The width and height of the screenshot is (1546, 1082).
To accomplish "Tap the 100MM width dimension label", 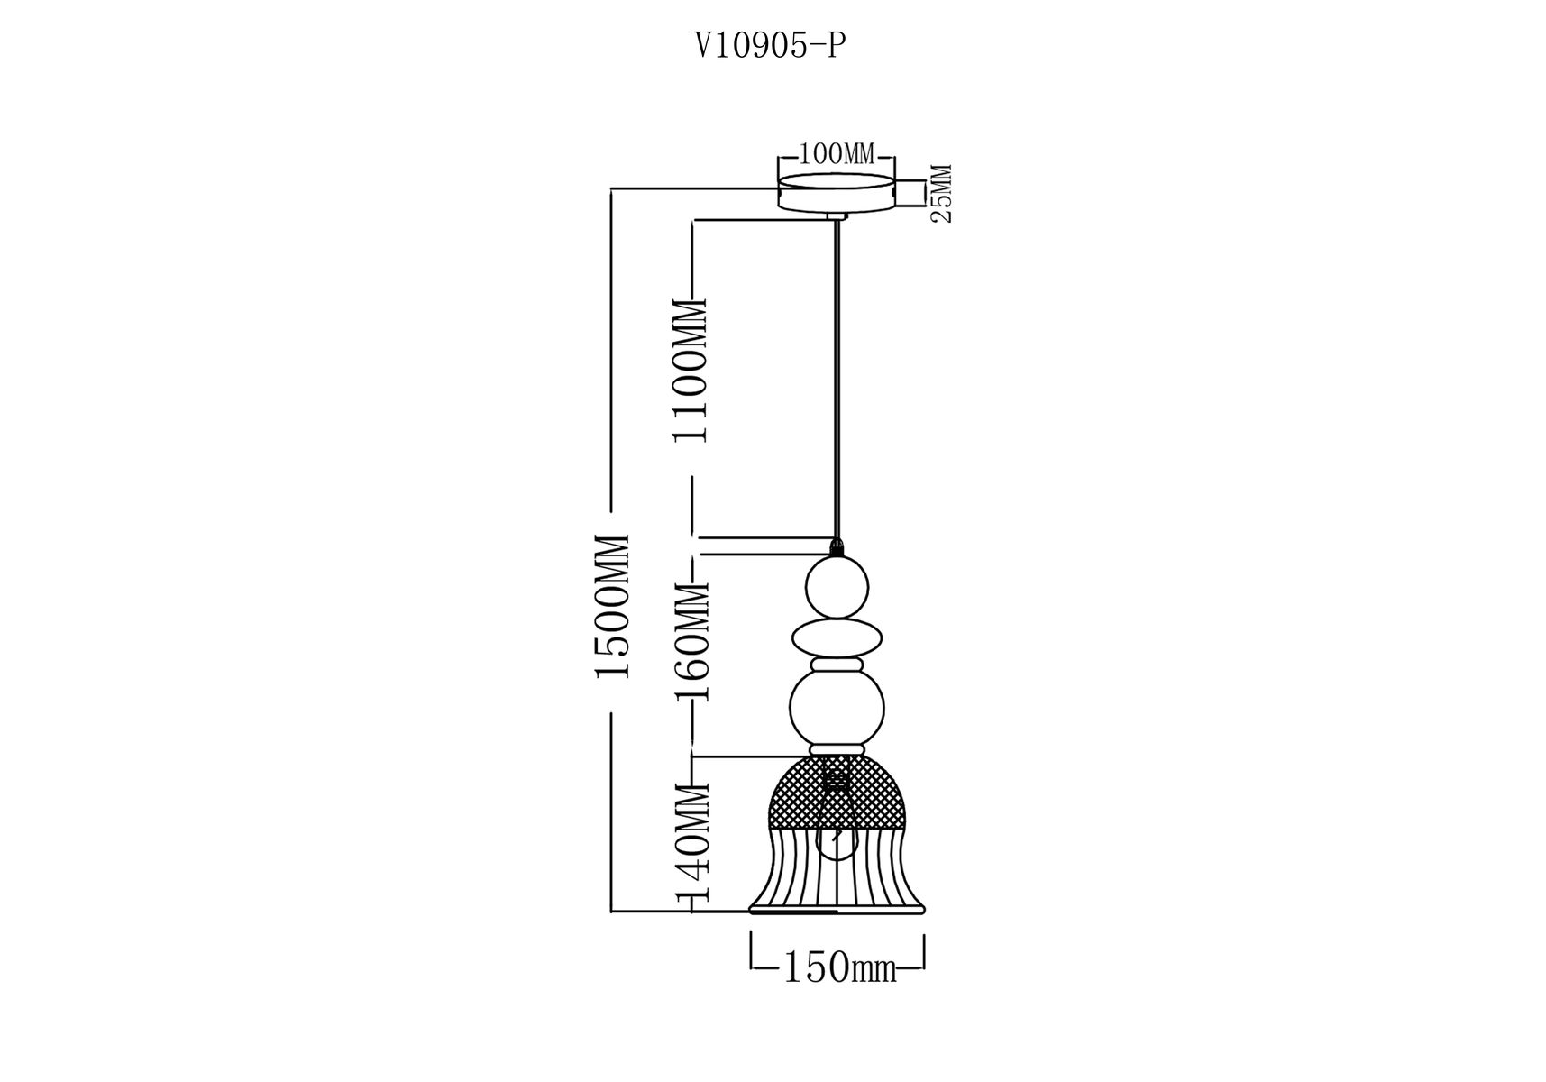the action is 837,154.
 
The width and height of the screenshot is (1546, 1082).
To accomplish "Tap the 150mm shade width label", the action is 839,969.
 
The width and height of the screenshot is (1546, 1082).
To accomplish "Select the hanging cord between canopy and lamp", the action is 838,379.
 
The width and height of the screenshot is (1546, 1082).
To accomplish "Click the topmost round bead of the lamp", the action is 837,586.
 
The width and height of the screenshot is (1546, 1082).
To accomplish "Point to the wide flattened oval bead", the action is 837,638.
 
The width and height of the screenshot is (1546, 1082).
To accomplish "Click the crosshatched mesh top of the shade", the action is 837,791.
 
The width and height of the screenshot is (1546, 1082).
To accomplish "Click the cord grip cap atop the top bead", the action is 837,547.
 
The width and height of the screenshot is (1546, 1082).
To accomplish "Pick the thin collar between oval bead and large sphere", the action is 837,665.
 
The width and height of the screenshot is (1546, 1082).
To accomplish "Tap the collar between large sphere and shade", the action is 837,750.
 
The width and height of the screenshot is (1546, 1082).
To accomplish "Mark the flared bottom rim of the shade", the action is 837,909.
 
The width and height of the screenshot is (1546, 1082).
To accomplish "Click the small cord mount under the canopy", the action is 837,217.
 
